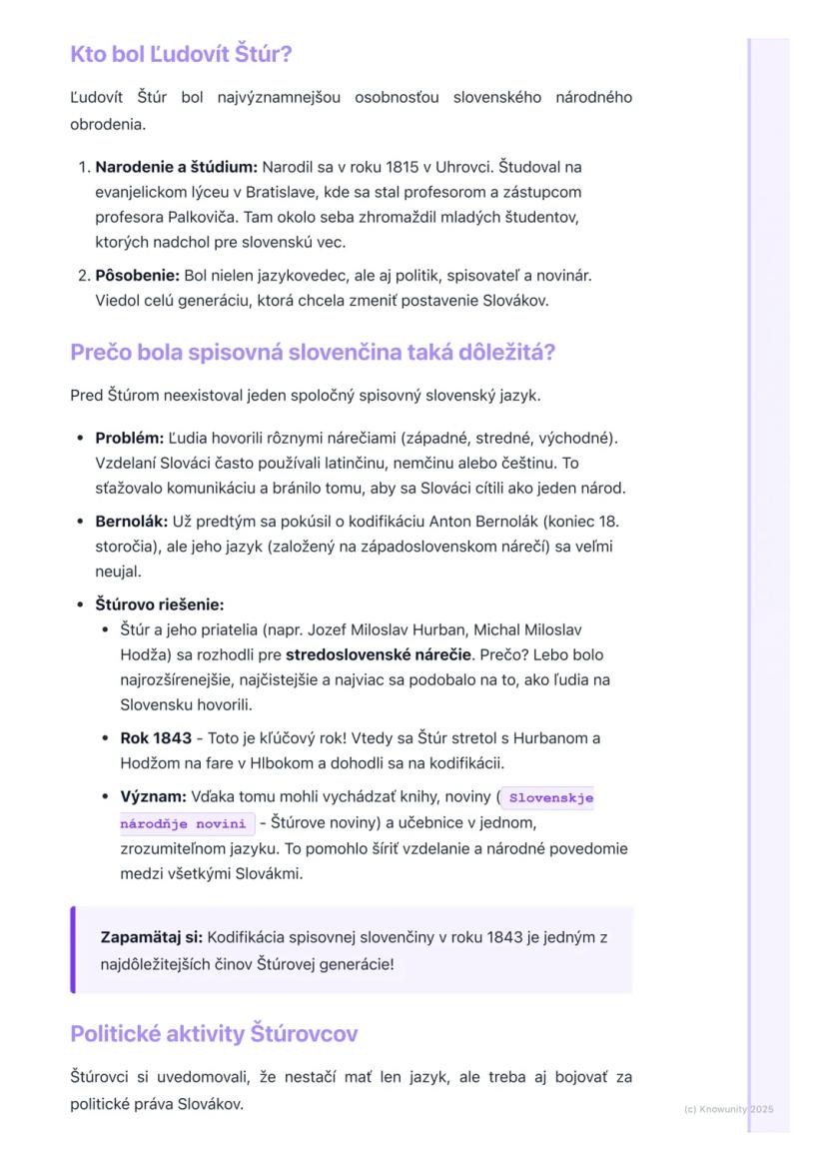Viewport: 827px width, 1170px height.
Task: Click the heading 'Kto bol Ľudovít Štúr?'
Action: (x=181, y=54)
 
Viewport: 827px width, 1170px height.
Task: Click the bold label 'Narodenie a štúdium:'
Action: (x=176, y=166)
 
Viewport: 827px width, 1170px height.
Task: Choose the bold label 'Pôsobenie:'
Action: (x=137, y=275)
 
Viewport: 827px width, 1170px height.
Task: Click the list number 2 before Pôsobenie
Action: (x=83, y=275)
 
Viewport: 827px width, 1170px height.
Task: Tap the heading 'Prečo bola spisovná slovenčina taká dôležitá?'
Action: (x=312, y=353)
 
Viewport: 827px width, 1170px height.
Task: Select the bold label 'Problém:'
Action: (x=129, y=438)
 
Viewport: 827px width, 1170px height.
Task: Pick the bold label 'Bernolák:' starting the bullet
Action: (x=131, y=521)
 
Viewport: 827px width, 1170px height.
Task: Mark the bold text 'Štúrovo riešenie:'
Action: (x=159, y=604)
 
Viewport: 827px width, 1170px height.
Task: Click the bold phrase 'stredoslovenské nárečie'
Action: (x=379, y=655)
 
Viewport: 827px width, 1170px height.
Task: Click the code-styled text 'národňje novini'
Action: (x=183, y=823)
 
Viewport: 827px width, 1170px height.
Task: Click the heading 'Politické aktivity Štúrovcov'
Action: (x=214, y=1033)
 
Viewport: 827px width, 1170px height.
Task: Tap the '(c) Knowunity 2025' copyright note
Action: (x=728, y=1109)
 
